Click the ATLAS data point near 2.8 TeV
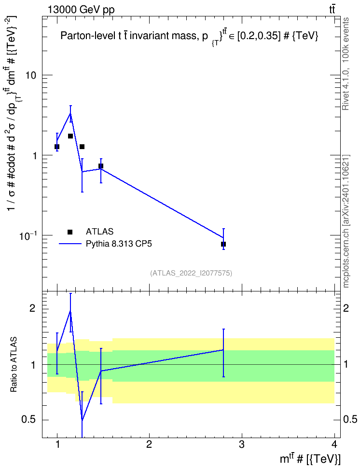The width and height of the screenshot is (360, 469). coord(223,244)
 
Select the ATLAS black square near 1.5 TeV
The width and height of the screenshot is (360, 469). coord(101,166)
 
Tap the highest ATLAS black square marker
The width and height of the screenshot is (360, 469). coord(70,136)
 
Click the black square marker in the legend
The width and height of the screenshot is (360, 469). coord(70,232)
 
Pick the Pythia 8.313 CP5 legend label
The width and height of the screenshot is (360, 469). coord(119,244)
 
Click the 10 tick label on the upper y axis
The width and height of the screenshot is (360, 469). coord(30,75)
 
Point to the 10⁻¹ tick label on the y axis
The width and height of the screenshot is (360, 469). coord(28,235)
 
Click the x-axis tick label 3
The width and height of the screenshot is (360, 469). coord(241,444)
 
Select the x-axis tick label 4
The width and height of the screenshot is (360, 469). coord(334,444)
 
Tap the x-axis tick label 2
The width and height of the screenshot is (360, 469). coord(149,444)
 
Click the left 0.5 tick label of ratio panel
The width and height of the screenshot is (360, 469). coord(28,420)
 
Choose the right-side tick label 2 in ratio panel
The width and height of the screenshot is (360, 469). coord(346,308)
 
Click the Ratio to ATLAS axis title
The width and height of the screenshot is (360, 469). coord(14,365)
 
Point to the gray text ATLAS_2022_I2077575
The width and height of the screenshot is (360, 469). coord(191,273)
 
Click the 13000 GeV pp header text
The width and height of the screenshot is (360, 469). coord(81,10)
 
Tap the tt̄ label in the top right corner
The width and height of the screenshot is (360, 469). coord(332,10)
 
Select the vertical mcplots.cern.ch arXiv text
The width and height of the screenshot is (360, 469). coord(346,221)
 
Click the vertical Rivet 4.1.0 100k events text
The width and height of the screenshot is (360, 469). coord(346,64)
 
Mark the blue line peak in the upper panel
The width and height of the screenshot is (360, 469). coord(70,113)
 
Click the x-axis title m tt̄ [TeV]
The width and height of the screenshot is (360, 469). coord(310,458)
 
